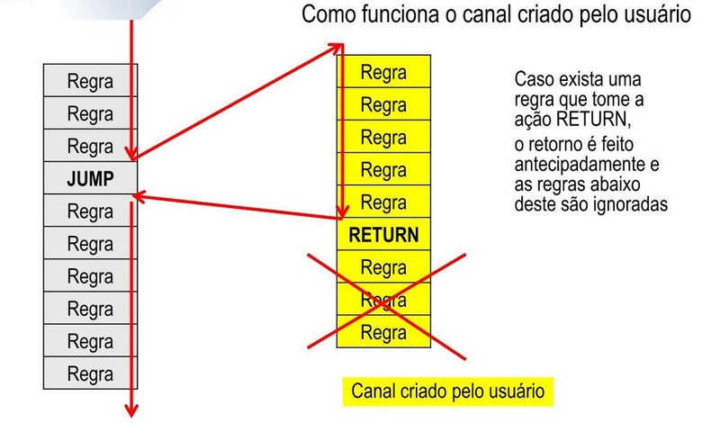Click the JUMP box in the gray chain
click(90, 178)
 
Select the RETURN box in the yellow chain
click(383, 235)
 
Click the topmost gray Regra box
click(90, 81)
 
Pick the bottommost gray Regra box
click(90, 372)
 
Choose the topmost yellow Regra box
click(383, 72)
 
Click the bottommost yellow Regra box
click(383, 332)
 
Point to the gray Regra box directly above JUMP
click(90, 146)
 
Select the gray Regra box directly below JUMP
click(90, 211)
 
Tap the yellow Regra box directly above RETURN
click(383, 202)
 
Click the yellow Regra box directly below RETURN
click(383, 267)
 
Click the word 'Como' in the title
click(329, 16)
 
